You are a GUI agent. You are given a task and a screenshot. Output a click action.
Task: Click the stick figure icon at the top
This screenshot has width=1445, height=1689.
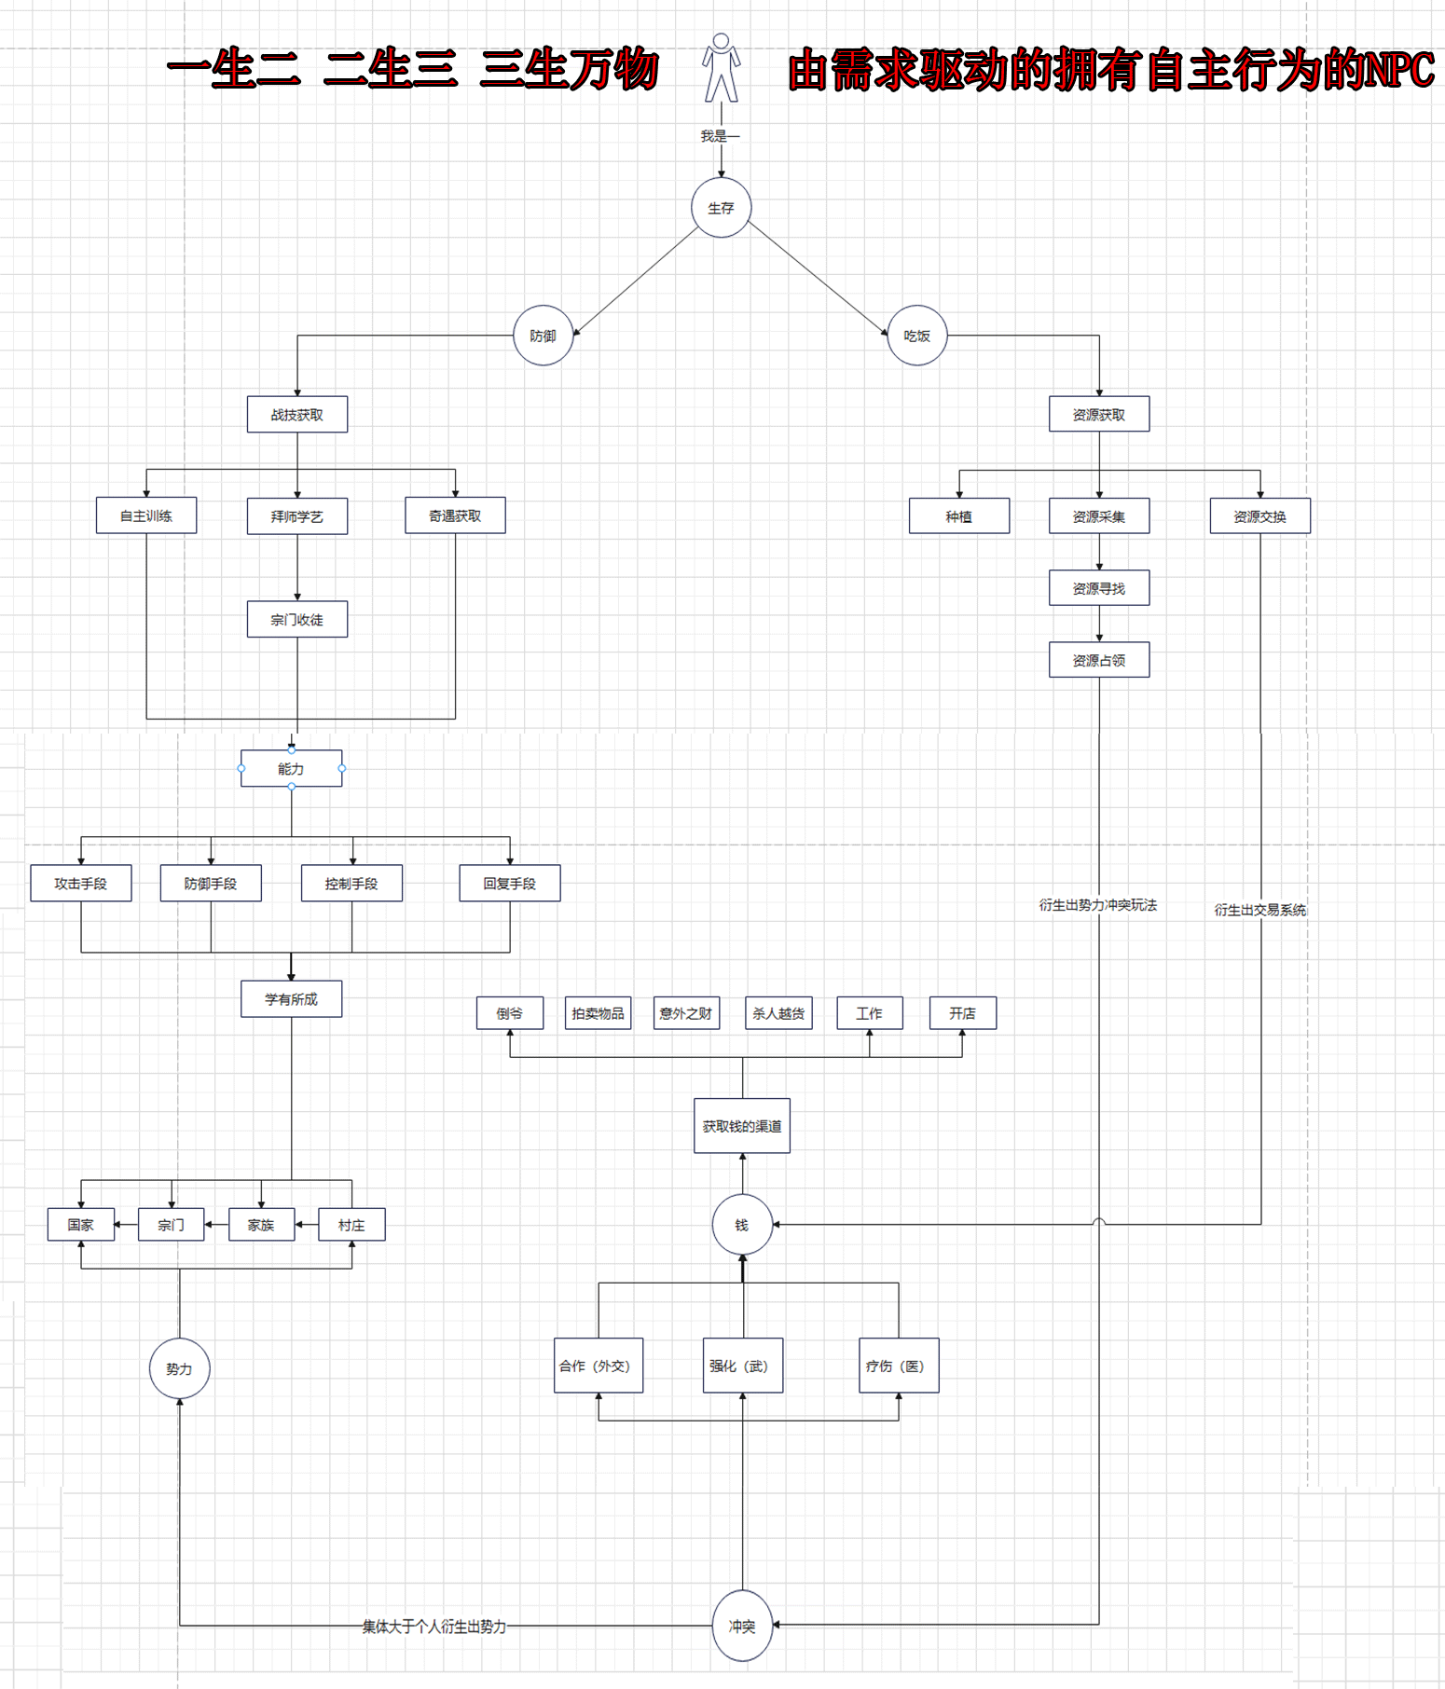721,68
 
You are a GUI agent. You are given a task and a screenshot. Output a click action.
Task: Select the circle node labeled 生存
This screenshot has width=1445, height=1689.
721,208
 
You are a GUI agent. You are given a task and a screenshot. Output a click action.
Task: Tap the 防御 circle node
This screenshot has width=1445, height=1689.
543,336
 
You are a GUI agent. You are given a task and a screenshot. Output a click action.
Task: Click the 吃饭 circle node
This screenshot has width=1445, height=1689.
917,336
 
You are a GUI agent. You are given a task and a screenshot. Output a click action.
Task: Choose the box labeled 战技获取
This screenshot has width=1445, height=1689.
297,415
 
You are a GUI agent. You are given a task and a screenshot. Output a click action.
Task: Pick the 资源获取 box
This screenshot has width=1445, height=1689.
1099,415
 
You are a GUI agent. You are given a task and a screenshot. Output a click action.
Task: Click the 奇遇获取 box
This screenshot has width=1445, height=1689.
455,515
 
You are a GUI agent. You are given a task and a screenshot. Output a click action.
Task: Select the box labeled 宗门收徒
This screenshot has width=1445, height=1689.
297,619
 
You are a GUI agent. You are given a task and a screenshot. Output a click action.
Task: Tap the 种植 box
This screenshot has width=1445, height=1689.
959,516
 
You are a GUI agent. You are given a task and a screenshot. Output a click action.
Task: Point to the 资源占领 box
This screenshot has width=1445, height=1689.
1099,660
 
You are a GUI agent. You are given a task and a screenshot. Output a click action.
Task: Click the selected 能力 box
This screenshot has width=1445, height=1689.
291,769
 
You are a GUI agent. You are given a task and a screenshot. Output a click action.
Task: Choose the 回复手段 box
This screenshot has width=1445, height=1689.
510,884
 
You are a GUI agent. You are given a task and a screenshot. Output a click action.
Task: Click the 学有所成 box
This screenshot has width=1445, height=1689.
291,999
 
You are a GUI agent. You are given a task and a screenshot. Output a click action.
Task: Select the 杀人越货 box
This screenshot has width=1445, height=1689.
778,1013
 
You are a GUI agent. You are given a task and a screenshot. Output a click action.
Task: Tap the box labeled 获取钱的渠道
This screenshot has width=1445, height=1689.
742,1126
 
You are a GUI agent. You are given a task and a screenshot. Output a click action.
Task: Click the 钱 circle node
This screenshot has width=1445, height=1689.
742,1225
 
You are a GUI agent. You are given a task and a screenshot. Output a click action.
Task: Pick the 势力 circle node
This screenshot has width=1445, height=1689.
179,1368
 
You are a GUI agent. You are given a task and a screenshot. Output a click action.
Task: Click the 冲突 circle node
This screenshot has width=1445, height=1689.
742,1627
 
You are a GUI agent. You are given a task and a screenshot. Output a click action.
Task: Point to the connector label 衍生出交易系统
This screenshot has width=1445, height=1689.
1260,910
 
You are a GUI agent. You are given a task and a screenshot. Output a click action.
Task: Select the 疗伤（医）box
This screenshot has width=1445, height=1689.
898,1366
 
